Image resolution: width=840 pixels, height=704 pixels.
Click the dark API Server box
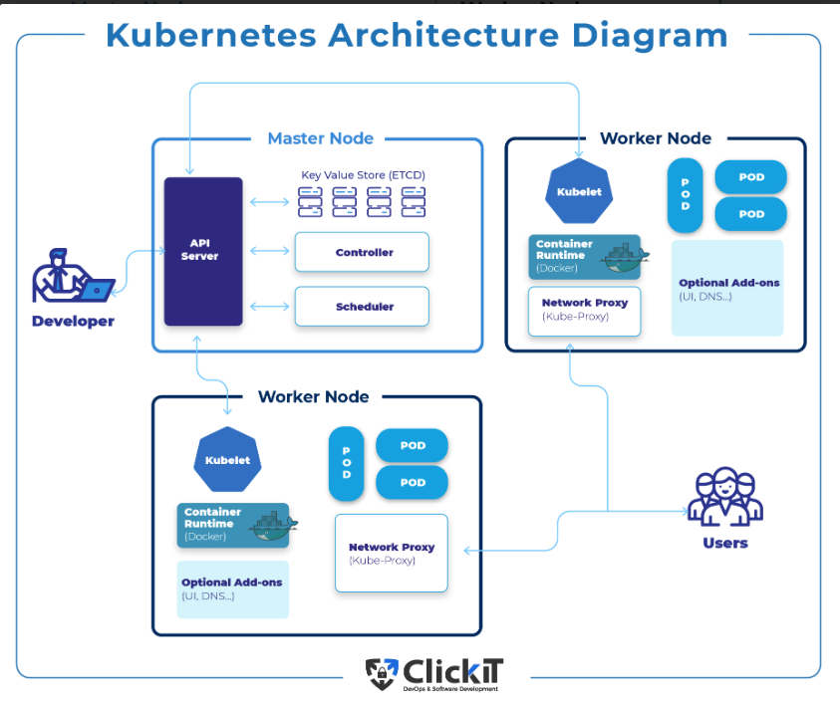[203, 251]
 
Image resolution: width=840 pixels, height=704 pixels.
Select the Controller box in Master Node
[362, 252]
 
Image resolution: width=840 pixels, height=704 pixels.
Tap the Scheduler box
[362, 307]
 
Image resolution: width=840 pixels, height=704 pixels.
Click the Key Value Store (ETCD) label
[363, 175]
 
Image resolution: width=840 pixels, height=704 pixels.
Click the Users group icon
[724, 497]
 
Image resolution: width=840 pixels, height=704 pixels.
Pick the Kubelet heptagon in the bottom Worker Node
[227, 460]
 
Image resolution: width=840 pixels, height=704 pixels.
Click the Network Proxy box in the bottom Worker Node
[392, 553]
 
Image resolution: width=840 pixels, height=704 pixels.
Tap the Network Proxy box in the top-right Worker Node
[584, 311]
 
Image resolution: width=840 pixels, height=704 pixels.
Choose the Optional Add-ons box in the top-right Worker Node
[727, 288]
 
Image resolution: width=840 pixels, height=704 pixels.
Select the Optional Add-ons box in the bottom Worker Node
[233, 588]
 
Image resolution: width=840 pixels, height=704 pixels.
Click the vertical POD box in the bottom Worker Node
[347, 464]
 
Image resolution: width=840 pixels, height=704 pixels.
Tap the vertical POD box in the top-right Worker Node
[685, 194]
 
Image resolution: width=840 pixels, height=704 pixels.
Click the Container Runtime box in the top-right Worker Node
[583, 256]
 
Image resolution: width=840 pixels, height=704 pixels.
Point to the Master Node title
[320, 138]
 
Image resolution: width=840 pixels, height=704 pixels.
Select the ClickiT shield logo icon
[382, 674]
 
